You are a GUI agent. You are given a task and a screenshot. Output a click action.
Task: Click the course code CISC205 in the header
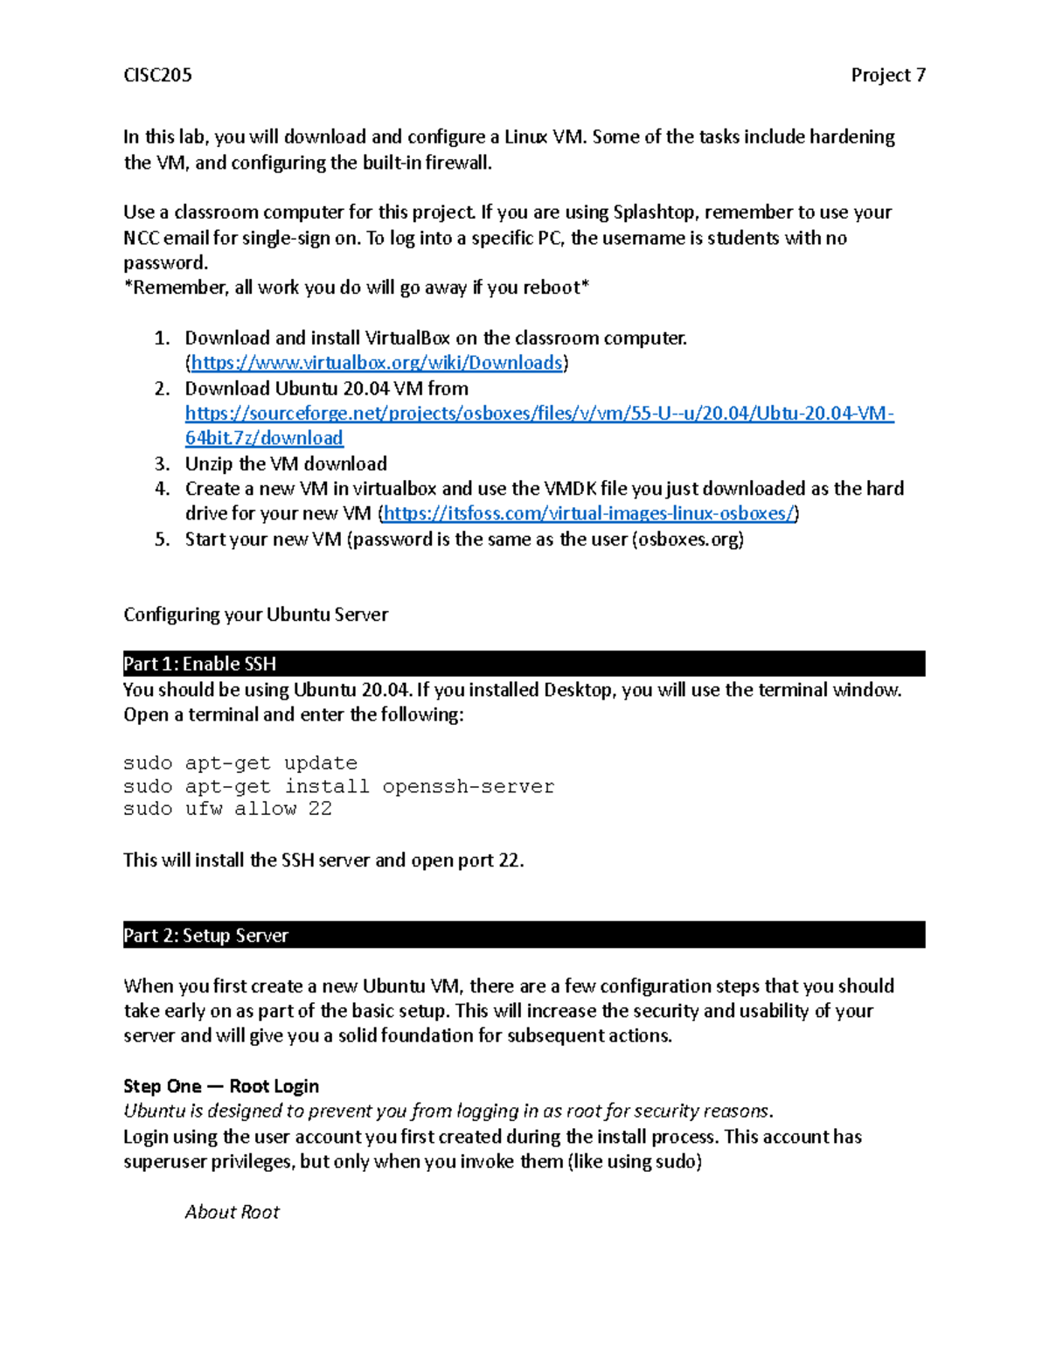(x=157, y=75)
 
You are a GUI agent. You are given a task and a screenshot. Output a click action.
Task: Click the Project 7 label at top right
(x=887, y=75)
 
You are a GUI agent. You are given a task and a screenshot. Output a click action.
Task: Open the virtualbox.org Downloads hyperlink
(x=377, y=363)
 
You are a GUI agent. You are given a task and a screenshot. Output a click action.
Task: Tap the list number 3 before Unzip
(x=162, y=463)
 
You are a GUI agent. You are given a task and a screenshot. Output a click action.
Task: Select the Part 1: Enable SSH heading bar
(x=524, y=664)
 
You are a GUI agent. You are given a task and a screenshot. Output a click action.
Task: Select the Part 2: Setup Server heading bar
(x=524, y=935)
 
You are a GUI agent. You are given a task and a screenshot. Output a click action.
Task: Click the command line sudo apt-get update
(x=240, y=763)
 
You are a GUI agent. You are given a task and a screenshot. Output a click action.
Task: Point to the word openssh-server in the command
(x=468, y=786)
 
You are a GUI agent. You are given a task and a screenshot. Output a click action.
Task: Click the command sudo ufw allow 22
(x=227, y=809)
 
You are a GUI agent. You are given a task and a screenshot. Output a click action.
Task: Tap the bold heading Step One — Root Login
(x=221, y=1086)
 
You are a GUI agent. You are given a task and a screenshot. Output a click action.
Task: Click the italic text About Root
(x=232, y=1212)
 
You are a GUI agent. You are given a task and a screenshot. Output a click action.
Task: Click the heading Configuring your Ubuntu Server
(x=255, y=615)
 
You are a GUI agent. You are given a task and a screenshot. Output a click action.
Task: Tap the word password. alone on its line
(x=165, y=263)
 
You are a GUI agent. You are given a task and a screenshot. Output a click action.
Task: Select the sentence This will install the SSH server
(x=323, y=860)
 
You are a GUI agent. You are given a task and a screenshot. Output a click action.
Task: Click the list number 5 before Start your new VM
(x=162, y=540)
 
